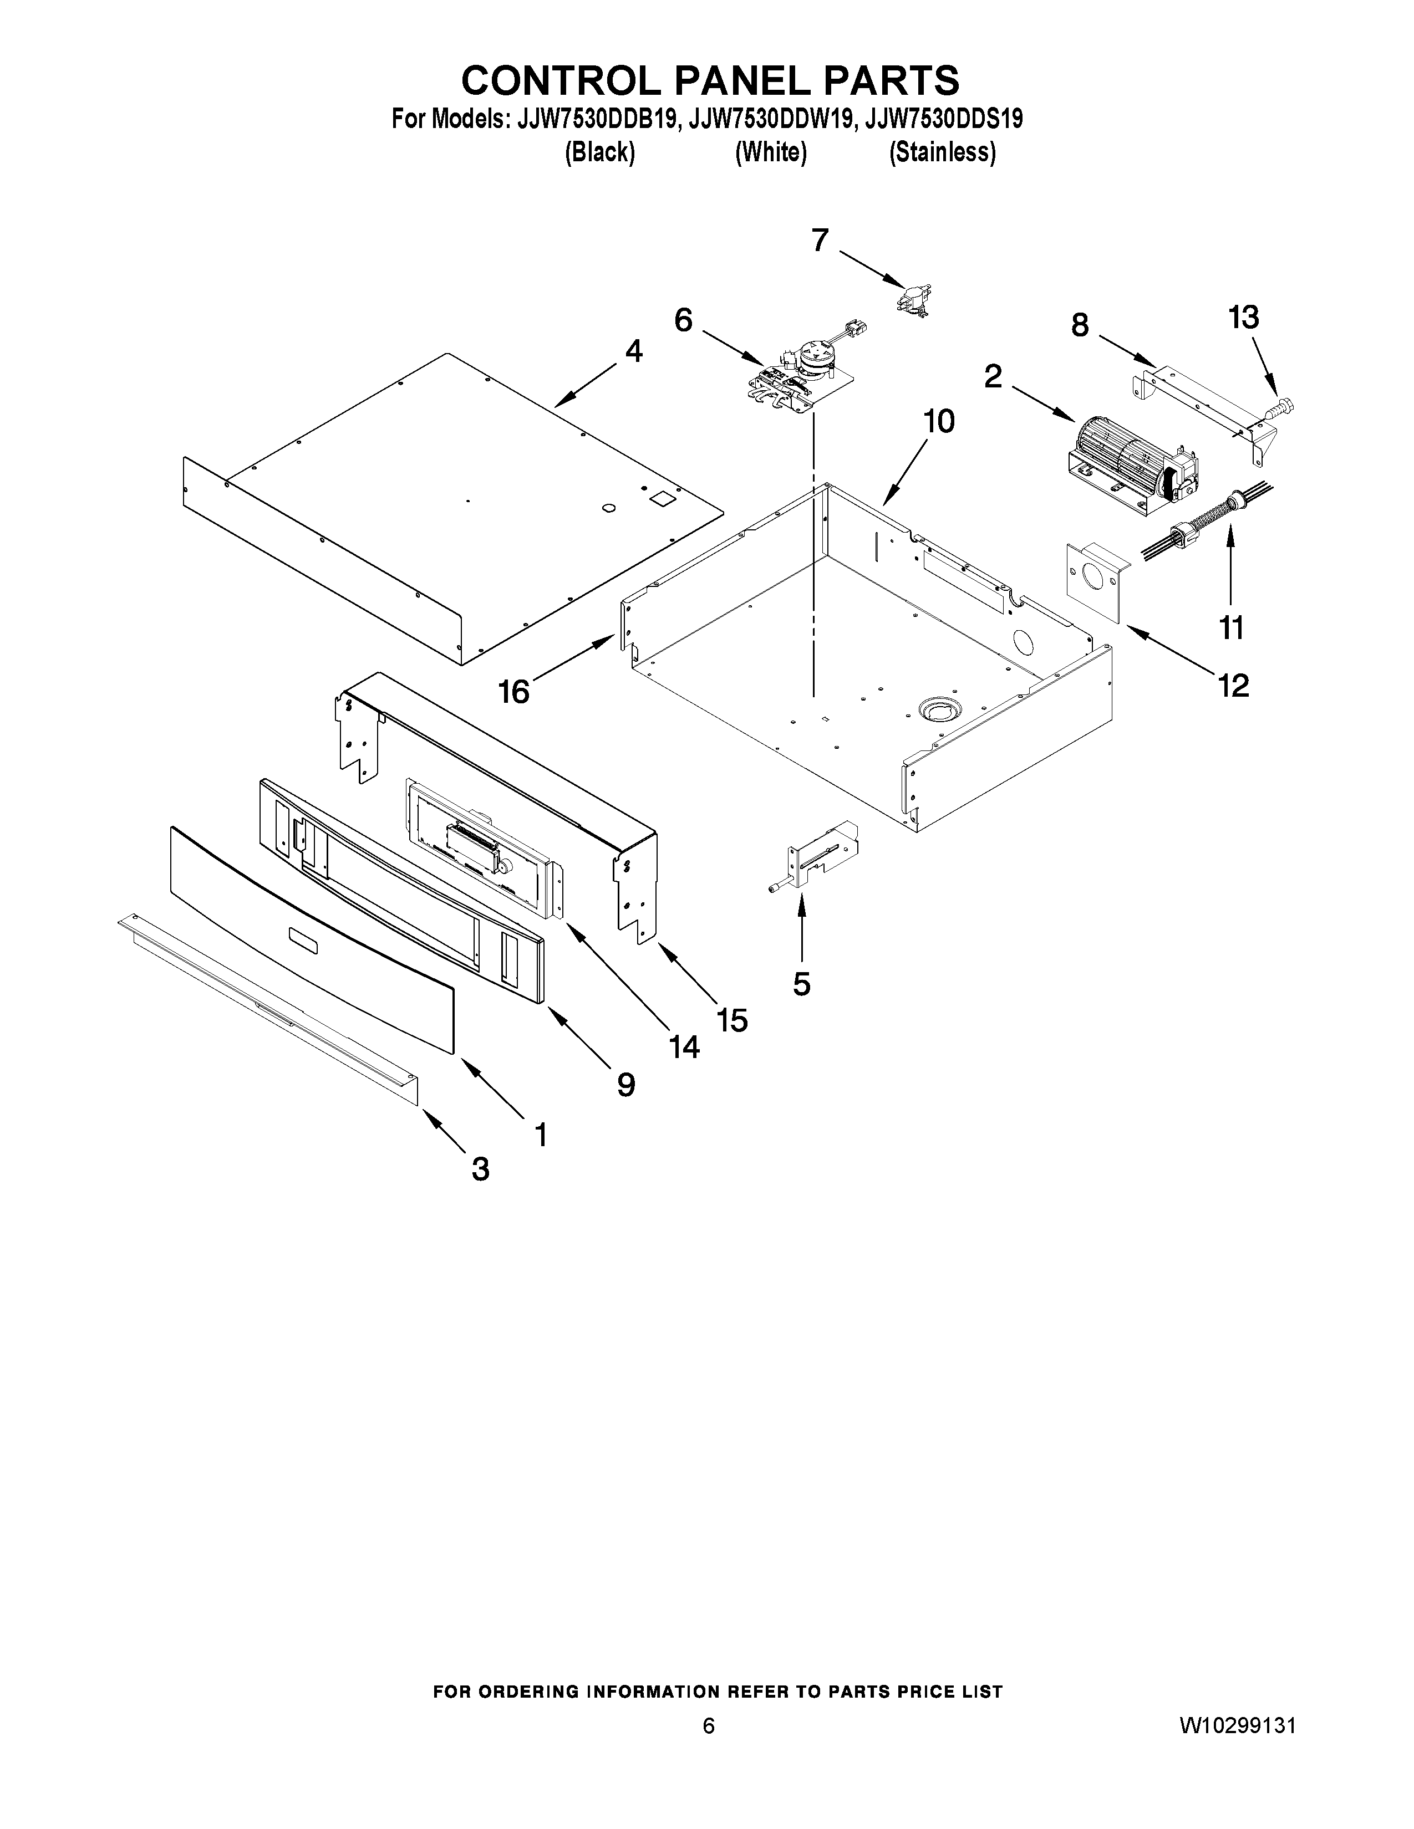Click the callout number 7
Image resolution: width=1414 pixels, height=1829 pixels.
pos(820,241)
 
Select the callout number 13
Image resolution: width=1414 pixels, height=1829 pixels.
pos(1243,318)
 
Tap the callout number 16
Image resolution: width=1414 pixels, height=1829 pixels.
pos(515,692)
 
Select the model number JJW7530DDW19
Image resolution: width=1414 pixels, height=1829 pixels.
pos(771,120)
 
